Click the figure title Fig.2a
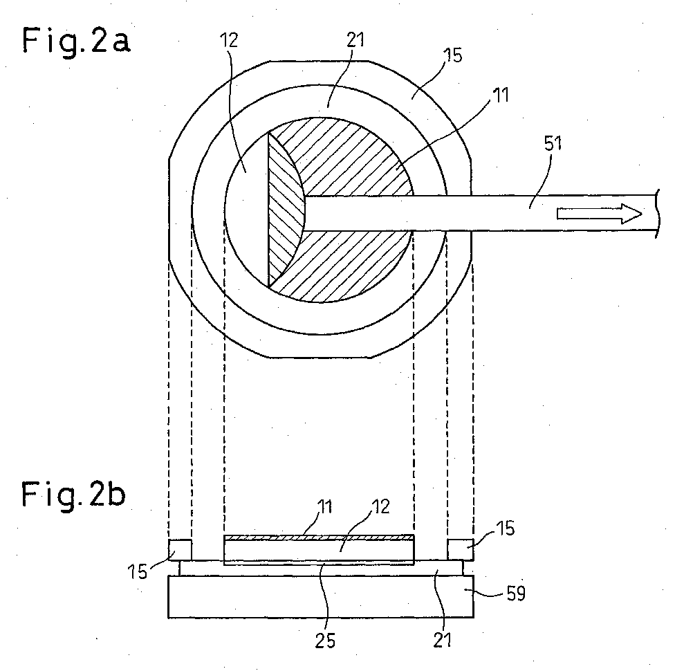click(x=76, y=42)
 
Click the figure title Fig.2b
click(x=73, y=495)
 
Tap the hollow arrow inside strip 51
click(x=599, y=214)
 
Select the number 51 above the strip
click(x=553, y=143)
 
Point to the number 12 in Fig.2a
click(x=229, y=40)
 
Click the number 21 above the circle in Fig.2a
click(x=355, y=39)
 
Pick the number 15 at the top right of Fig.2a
click(x=453, y=55)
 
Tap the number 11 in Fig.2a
click(x=500, y=95)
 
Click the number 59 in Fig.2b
click(x=516, y=594)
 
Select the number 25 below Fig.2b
click(x=325, y=641)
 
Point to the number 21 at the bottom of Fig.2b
click(x=443, y=641)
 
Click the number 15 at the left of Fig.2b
click(x=138, y=572)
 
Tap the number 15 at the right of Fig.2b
click(x=505, y=528)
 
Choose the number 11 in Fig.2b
click(x=325, y=506)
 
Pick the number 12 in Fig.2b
click(x=380, y=506)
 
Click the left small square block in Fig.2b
click(x=180, y=550)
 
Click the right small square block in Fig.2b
click(x=461, y=550)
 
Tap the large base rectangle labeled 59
click(x=321, y=596)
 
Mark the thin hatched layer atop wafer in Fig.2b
click(x=319, y=537)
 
